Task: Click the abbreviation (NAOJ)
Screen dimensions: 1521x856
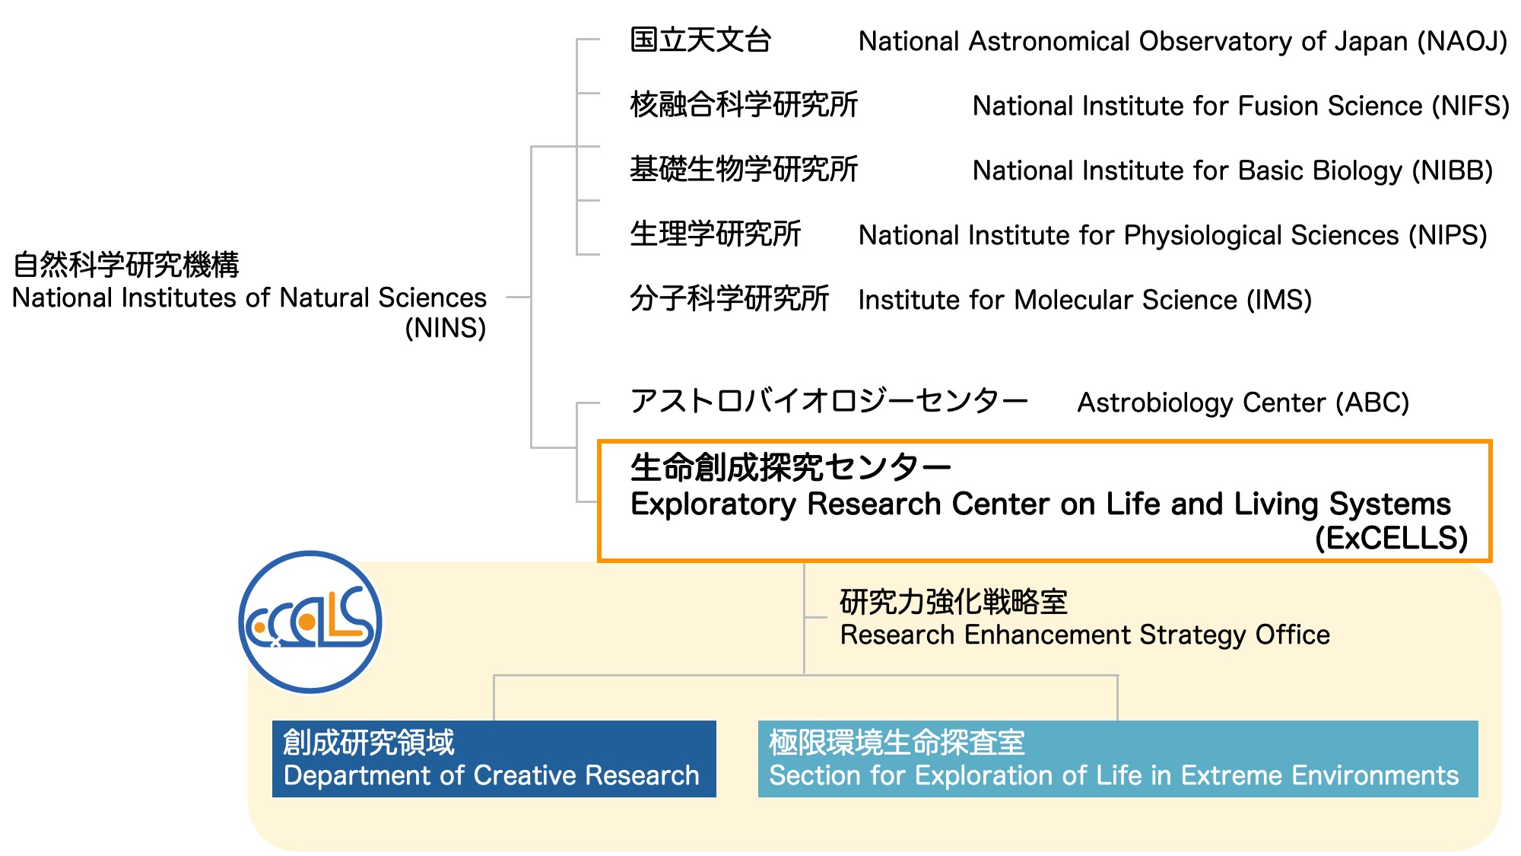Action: pyautogui.click(x=1462, y=41)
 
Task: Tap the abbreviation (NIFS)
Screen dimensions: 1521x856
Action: pyautogui.click(x=1470, y=106)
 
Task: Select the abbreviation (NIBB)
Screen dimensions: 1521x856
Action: pyautogui.click(x=1453, y=170)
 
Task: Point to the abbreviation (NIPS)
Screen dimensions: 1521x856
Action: pyautogui.click(x=1447, y=235)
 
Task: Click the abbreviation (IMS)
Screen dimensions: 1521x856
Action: pyautogui.click(x=1279, y=300)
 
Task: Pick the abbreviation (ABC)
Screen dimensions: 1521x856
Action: pyautogui.click(x=1372, y=403)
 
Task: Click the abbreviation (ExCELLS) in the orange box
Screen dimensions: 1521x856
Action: pyautogui.click(x=1392, y=538)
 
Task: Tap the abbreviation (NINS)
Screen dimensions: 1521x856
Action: pyautogui.click(x=446, y=328)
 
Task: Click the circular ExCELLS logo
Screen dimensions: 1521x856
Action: pyautogui.click(x=310, y=622)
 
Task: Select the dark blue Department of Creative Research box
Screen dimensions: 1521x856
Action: pyautogui.click(x=494, y=759)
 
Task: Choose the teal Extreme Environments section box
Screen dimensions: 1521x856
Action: pyautogui.click(x=1118, y=759)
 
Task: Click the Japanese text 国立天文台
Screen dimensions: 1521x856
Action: pyautogui.click(x=700, y=40)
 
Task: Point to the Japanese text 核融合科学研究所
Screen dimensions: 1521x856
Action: pyautogui.click(x=744, y=105)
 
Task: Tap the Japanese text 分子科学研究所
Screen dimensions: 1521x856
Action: pyautogui.click(x=729, y=299)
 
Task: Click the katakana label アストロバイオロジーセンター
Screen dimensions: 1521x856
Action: pyautogui.click(x=829, y=401)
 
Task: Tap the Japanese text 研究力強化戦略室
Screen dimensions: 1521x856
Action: pyautogui.click(x=954, y=602)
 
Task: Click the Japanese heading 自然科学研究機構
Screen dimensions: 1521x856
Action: pyautogui.click(x=126, y=265)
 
